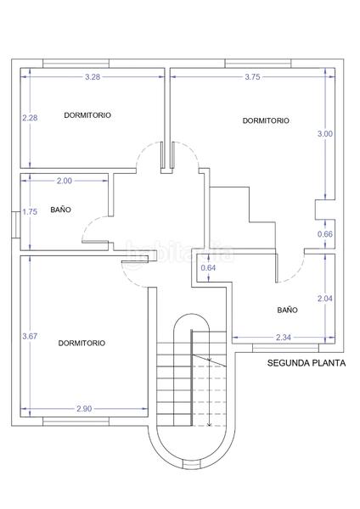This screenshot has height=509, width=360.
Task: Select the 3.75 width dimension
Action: pyautogui.click(x=252, y=77)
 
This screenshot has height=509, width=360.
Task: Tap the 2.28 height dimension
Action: pyautogui.click(x=30, y=118)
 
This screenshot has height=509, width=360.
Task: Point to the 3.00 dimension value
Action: pyautogui.click(x=324, y=134)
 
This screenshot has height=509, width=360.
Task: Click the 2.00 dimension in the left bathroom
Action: pyautogui.click(x=65, y=181)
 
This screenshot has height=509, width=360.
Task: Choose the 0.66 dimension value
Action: pyautogui.click(x=324, y=234)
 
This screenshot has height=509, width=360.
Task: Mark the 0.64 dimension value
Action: pyautogui.click(x=208, y=269)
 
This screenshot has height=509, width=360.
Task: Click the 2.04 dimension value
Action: pyautogui.click(x=324, y=298)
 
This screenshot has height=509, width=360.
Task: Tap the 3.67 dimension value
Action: pyautogui.click(x=30, y=337)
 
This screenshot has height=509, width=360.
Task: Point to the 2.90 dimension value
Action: pyautogui.click(x=84, y=409)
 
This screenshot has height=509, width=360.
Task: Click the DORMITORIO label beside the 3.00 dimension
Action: pyautogui.click(x=265, y=120)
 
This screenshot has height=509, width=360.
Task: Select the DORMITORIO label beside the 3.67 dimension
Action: pyautogui.click(x=82, y=343)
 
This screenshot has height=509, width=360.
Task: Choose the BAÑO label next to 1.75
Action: pyautogui.click(x=60, y=209)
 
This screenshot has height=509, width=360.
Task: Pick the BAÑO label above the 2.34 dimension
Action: pyautogui.click(x=287, y=310)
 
